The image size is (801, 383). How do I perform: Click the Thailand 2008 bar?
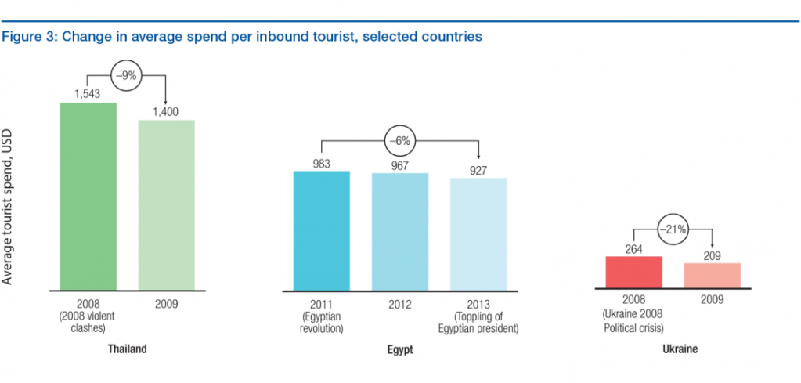[x=88, y=196]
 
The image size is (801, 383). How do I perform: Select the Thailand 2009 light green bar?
[x=167, y=204]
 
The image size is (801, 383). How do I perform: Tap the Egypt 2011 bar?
[x=321, y=230]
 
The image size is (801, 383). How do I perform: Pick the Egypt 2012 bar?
[x=400, y=231]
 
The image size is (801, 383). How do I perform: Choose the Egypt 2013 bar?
[x=478, y=233]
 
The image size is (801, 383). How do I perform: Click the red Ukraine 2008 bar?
[x=634, y=273]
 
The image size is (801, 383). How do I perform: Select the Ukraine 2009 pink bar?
[x=712, y=276]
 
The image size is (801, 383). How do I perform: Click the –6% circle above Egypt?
[x=399, y=142]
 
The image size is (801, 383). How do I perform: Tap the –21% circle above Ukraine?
[x=673, y=230]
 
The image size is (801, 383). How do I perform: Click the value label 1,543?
[x=88, y=95]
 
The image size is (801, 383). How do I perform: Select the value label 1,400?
[x=166, y=112]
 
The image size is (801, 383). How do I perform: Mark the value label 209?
[x=712, y=255]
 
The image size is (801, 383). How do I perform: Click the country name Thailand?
[x=127, y=349]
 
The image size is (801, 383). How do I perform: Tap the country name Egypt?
[x=399, y=349]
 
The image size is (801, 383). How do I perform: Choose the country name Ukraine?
[x=673, y=350]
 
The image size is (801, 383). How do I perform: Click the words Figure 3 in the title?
[x=24, y=37]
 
